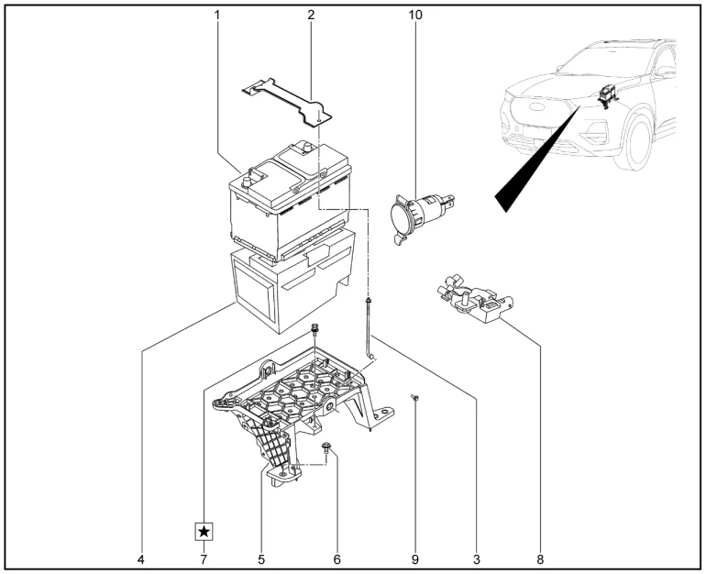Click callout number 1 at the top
pos(217,16)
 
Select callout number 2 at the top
pos(311,16)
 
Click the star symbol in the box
pos(204,531)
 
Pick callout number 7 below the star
pos(204,557)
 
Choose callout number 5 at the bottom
pos(261,557)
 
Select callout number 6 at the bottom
pos(336,557)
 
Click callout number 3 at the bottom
pos(477,557)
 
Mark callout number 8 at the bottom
pos(539,557)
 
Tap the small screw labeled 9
pos(415,397)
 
